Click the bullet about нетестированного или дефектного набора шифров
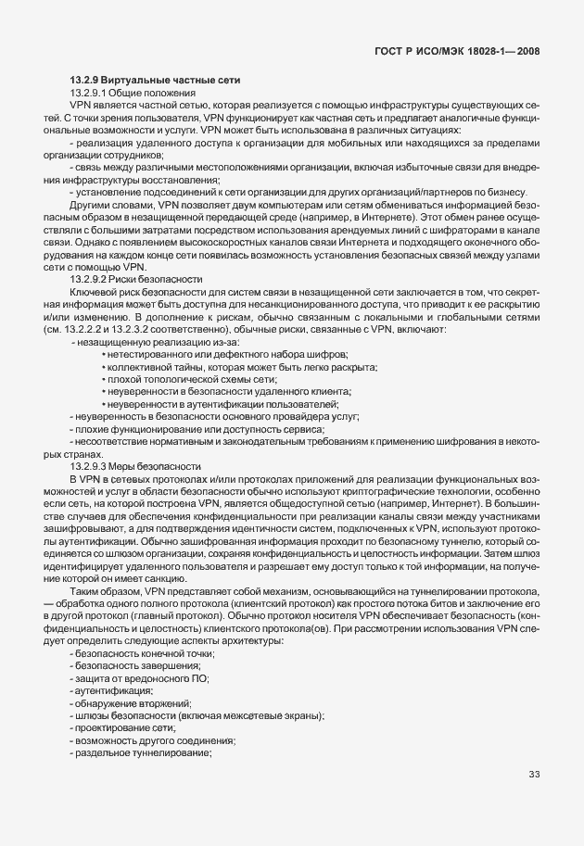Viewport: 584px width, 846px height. point(227,356)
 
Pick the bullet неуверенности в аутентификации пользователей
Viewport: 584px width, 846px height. point(222,405)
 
